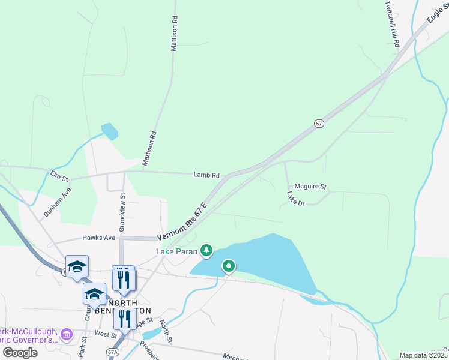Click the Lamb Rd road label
pyautogui.click(x=206, y=175)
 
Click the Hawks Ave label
pyautogui.click(x=98, y=238)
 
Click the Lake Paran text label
pyautogui.click(x=177, y=251)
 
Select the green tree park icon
pyautogui.click(x=206, y=250)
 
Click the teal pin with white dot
pyautogui.click(x=228, y=266)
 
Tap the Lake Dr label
pyautogui.click(x=296, y=199)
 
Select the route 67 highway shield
pyautogui.click(x=319, y=123)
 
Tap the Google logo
pyautogui.click(x=20, y=352)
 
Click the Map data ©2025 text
pyautogui.click(x=424, y=355)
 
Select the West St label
pyautogui.click(x=105, y=334)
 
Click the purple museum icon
pyautogui.click(x=67, y=334)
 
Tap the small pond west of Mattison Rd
pyautogui.click(x=110, y=131)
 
